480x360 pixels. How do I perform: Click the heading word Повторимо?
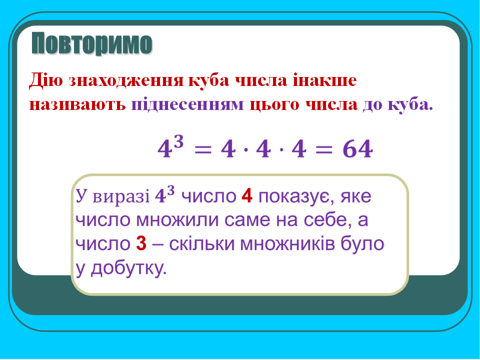point(91,44)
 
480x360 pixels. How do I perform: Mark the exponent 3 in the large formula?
point(179,142)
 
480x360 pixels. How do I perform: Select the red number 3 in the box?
point(140,244)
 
